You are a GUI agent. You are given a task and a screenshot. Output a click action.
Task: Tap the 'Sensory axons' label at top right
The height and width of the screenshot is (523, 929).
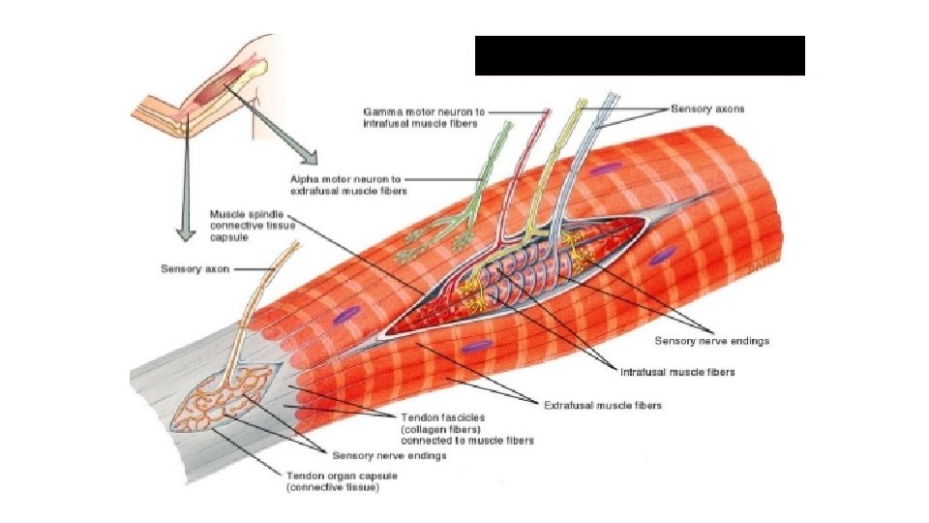(x=707, y=109)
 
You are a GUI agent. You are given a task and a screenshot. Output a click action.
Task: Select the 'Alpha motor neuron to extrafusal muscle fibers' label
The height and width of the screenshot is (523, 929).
(x=348, y=185)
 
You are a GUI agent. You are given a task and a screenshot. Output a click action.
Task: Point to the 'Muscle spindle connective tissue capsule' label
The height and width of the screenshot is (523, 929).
(x=246, y=225)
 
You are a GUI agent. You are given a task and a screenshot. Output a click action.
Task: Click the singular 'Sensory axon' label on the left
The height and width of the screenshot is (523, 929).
(x=195, y=268)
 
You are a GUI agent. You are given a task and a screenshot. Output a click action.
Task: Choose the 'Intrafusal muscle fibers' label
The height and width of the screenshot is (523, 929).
(x=676, y=371)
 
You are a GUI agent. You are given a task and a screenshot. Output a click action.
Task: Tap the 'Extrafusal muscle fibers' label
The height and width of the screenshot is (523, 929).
(x=602, y=406)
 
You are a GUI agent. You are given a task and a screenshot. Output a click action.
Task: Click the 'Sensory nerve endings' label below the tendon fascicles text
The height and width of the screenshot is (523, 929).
(x=389, y=455)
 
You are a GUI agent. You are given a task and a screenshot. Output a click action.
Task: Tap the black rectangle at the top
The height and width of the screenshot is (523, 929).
(x=640, y=55)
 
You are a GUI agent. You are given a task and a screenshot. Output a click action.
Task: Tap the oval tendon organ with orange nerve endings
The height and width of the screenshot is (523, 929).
(x=225, y=398)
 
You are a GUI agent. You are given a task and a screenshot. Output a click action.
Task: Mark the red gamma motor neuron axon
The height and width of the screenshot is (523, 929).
(x=527, y=174)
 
